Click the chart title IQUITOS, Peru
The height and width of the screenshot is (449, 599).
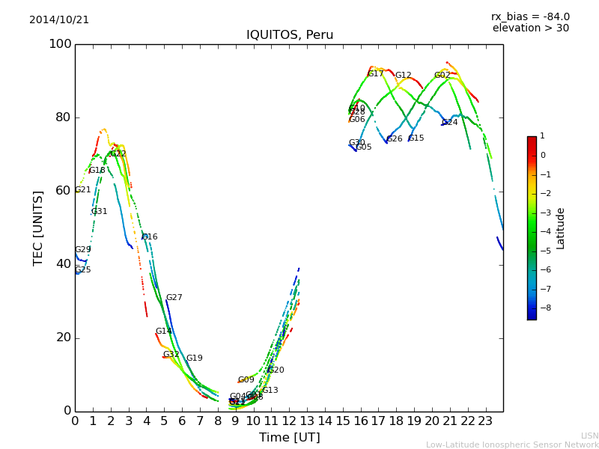[x=290, y=35]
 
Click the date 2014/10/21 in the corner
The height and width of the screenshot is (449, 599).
[x=59, y=19]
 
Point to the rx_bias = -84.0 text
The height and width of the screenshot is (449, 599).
[x=530, y=16]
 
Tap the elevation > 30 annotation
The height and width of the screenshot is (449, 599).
[x=530, y=28]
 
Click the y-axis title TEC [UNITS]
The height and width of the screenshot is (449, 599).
[x=37, y=227]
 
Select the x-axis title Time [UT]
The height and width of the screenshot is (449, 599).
[x=289, y=437]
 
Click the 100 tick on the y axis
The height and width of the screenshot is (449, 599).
[x=60, y=44]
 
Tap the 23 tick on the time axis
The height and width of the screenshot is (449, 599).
[x=485, y=421]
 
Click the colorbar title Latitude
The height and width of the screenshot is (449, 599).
[x=561, y=228]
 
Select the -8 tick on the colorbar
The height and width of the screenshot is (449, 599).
[x=544, y=308]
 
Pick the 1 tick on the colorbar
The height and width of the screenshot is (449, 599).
[x=543, y=136]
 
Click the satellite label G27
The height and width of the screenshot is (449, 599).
[x=174, y=298]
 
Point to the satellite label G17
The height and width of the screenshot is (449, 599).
[x=375, y=74]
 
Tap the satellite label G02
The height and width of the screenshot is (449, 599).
[x=443, y=76]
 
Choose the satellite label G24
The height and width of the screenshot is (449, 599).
[x=450, y=123]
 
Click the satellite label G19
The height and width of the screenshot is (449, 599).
[x=194, y=358]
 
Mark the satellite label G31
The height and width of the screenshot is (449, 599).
[x=99, y=212]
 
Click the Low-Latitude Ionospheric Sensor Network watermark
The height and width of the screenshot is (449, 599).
[x=512, y=445]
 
